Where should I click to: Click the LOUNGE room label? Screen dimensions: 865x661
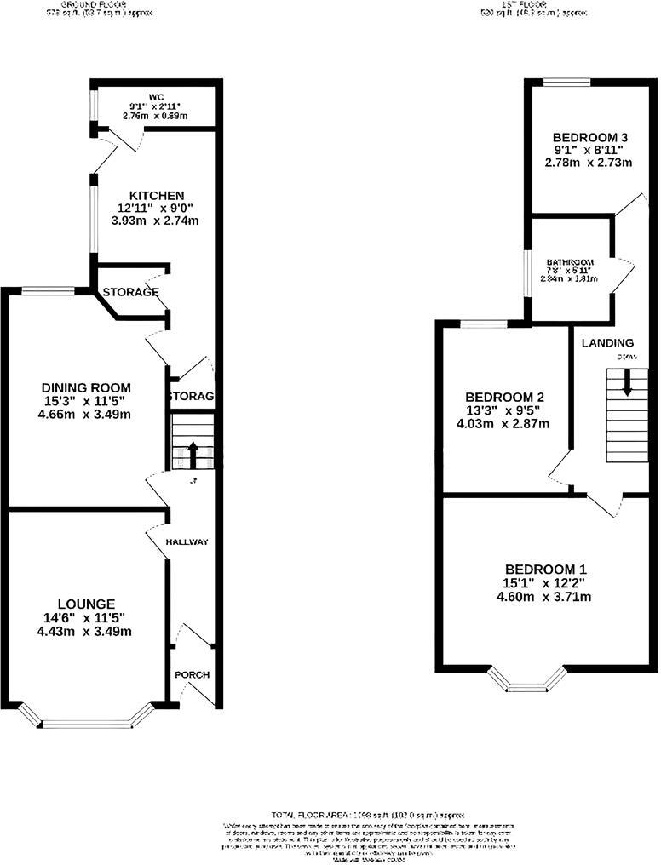[x=82, y=604]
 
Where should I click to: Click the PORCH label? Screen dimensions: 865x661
[x=192, y=675]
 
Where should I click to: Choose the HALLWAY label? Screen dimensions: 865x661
[x=187, y=542]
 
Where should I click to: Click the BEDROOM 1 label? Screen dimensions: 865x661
[x=545, y=570]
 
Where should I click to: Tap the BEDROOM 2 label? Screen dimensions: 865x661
[x=504, y=397]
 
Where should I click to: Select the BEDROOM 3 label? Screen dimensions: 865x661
[x=590, y=137]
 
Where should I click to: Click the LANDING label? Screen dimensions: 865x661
[x=607, y=343]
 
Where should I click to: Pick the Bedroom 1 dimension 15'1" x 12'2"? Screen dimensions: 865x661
[x=545, y=583]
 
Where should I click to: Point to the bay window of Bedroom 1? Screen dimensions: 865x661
[x=527, y=680]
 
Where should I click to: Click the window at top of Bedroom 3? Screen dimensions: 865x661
[x=567, y=82]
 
